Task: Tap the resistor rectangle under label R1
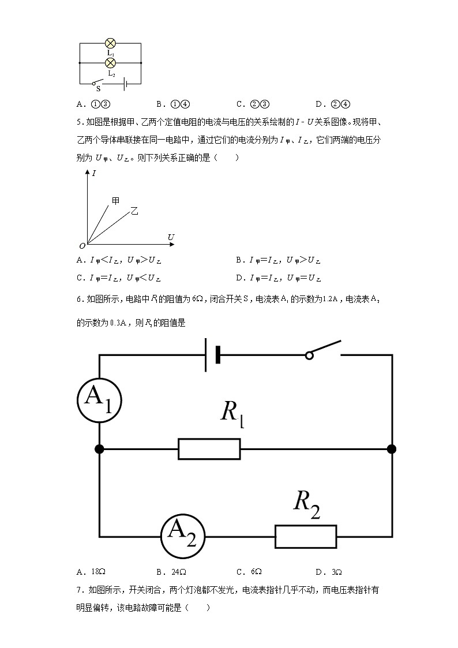(x=209, y=449)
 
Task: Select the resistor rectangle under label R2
(x=306, y=536)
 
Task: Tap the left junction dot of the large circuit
(x=100, y=449)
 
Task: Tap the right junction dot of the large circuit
(x=392, y=449)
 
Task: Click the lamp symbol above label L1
(x=110, y=43)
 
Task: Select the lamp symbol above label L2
(x=110, y=62)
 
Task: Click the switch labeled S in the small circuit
(x=100, y=83)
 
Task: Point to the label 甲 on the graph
(x=116, y=200)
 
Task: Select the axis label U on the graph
(x=171, y=237)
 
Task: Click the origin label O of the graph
(x=82, y=245)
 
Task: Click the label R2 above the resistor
(x=306, y=503)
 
